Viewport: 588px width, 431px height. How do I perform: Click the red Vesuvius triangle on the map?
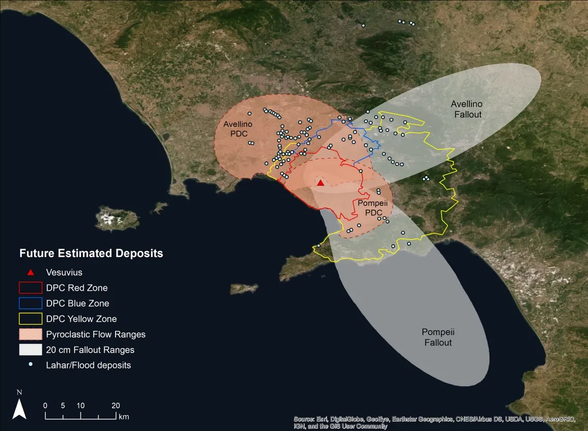coord(320,183)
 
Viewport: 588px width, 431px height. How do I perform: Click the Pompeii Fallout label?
coord(437,338)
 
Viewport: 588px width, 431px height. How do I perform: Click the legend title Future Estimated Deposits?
coord(91,253)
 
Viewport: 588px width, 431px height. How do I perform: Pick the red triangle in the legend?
coord(31,273)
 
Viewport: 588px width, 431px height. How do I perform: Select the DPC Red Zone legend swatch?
coord(30,288)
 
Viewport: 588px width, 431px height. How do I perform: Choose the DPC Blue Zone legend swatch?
coord(30,304)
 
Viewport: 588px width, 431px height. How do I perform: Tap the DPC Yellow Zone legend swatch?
coord(30,319)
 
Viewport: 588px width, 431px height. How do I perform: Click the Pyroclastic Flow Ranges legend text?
coord(96,334)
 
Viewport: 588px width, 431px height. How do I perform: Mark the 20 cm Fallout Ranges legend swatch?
coord(30,350)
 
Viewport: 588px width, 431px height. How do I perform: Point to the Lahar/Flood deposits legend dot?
coord(31,365)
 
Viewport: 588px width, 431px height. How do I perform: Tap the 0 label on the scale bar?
coord(45,405)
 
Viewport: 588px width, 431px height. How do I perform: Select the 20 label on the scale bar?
coord(116,405)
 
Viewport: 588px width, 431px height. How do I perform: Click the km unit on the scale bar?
coord(124,416)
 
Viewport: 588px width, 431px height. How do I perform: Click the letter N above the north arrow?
coord(19,392)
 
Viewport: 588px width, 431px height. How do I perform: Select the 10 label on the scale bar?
coord(80,405)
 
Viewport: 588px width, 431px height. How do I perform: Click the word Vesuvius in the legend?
coord(64,273)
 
